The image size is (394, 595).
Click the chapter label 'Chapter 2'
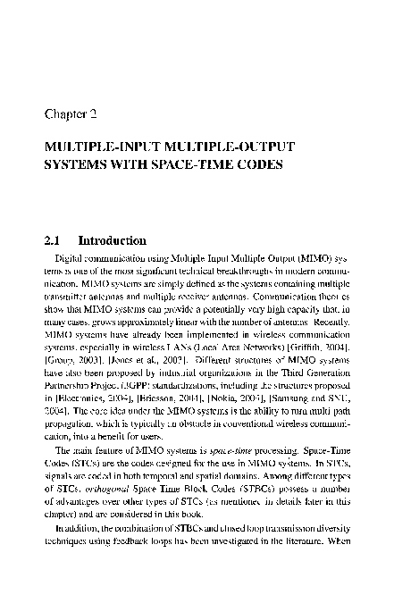(75, 114)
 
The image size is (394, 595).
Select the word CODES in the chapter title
(257, 164)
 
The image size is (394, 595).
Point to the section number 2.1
(54, 241)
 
